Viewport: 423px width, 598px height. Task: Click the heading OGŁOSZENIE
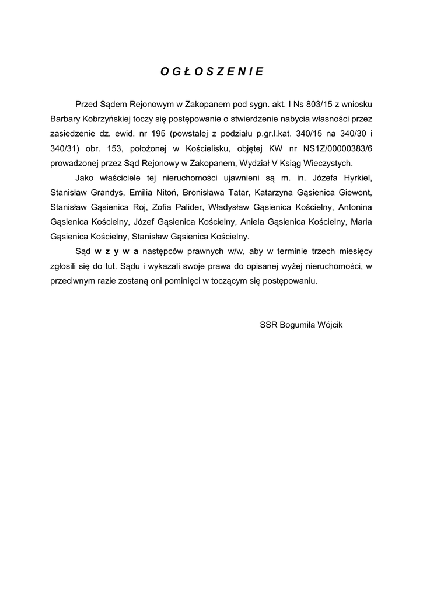click(212, 72)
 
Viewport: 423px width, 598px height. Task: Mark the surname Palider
click(187, 207)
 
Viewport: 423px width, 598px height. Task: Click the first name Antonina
click(356, 207)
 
